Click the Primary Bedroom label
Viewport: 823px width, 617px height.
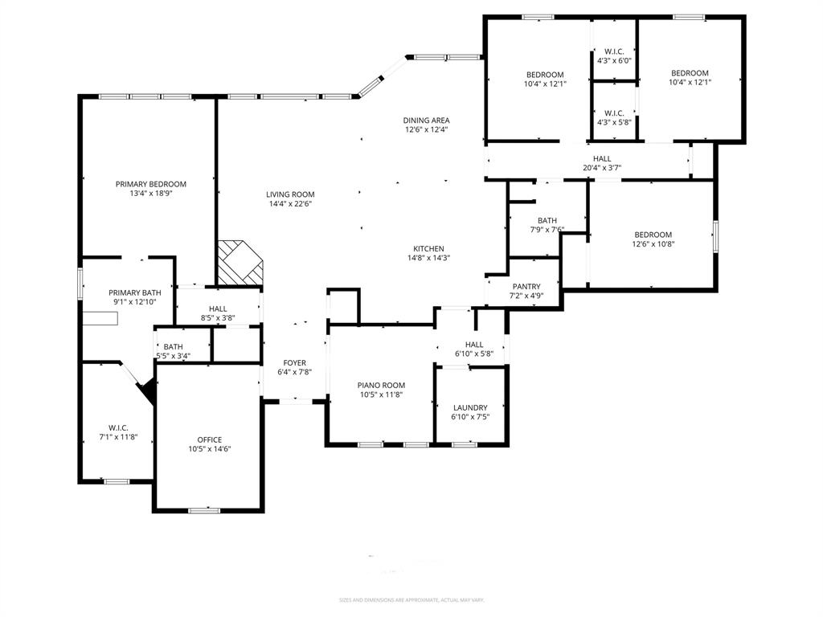tap(150, 184)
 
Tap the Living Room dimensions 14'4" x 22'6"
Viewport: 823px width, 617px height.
tap(290, 204)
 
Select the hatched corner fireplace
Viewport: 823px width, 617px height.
tap(240, 263)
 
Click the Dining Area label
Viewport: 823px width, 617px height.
tap(426, 121)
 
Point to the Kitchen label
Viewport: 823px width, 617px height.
tap(428, 248)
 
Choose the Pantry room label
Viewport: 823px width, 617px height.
tap(526, 287)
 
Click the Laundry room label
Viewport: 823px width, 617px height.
tap(470, 407)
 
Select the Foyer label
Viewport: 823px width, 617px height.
tap(293, 362)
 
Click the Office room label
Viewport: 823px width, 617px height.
tap(210, 439)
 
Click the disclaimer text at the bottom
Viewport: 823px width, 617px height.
tap(411, 600)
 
